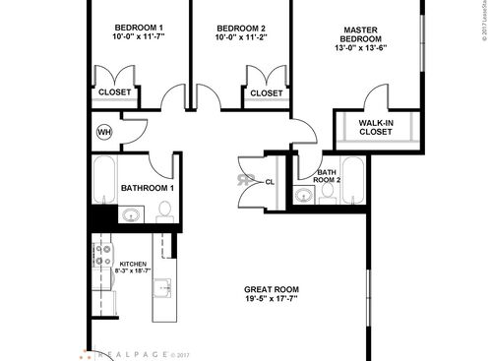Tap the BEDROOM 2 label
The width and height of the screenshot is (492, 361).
[x=242, y=27]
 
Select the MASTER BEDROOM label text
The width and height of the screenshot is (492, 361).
[x=362, y=36]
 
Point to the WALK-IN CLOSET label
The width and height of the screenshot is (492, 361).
[x=376, y=128]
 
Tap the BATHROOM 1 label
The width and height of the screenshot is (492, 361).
[x=148, y=188]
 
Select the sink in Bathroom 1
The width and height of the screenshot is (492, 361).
[x=130, y=213]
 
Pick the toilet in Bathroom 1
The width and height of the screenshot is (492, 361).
[x=164, y=211]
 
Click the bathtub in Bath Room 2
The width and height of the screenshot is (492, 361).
[x=353, y=179]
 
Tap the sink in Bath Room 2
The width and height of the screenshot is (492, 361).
[x=306, y=195]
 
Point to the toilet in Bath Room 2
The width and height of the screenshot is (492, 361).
[x=329, y=195]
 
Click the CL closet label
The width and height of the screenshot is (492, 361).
[x=270, y=181]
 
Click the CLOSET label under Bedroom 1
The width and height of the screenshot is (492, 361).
[x=115, y=93]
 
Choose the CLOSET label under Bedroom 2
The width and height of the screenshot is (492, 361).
[x=266, y=93]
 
